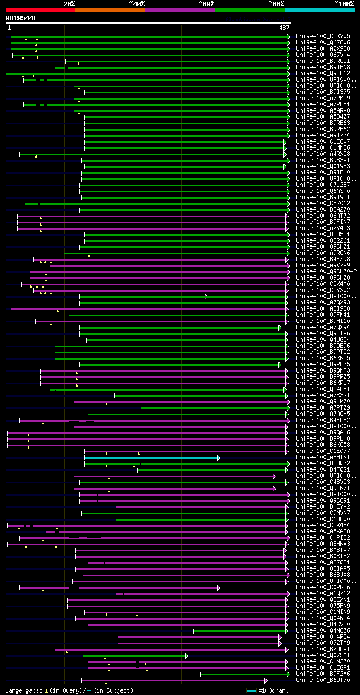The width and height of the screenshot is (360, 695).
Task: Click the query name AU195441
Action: (x=21, y=18)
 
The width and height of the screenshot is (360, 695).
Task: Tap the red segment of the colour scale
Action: (x=40, y=10)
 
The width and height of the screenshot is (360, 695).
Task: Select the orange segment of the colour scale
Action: (x=110, y=10)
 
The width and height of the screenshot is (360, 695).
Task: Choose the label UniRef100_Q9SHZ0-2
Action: (x=326, y=271)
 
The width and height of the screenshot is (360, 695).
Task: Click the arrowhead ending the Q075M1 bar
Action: (x=186, y=656)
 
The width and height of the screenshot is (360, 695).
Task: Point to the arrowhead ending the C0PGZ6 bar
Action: (x=218, y=588)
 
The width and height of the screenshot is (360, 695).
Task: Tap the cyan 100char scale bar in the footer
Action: (x=251, y=690)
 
